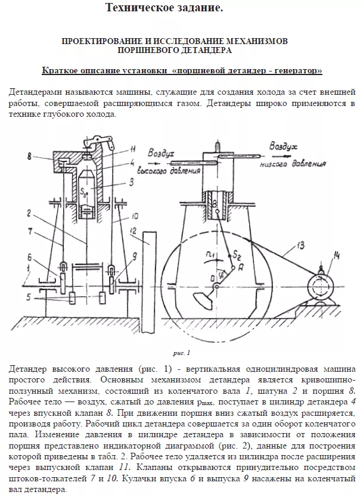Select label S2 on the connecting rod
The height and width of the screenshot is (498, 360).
[x=218, y=256]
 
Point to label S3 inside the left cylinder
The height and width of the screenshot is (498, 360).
[x=84, y=192]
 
